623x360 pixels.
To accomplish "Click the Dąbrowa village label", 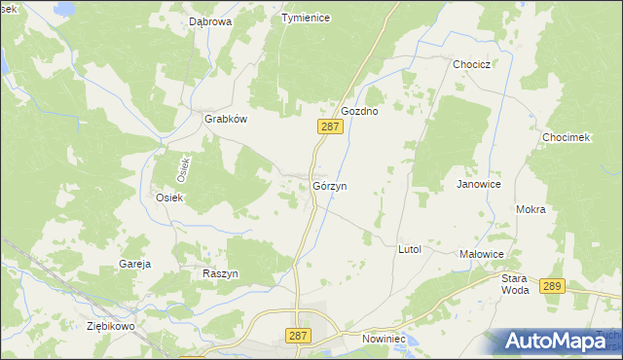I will tap(210, 19).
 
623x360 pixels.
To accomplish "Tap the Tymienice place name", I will tap(306, 18).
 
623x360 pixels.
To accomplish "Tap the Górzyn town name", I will tap(330, 185).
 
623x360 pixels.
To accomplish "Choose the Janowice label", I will tap(479, 183).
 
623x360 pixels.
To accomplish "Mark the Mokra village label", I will tap(531, 209).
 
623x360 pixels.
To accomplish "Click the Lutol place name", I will tap(409, 249).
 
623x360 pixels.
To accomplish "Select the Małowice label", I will tap(481, 254).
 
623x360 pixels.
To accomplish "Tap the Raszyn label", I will tap(220, 274).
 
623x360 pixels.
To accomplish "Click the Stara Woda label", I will tap(515, 283).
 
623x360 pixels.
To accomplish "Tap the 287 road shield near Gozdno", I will tap(331, 126).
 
